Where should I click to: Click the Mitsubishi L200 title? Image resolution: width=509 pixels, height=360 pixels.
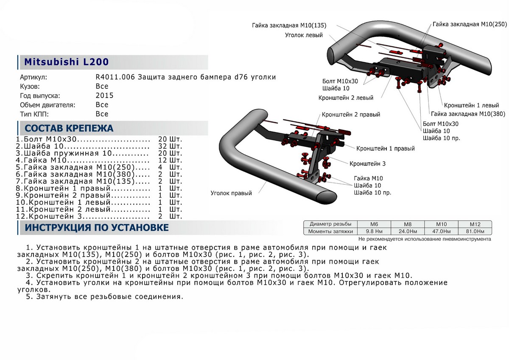pos(66,62)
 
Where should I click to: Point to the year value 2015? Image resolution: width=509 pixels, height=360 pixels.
pos(104,96)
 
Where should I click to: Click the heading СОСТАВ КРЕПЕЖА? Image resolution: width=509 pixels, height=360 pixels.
pos(69,128)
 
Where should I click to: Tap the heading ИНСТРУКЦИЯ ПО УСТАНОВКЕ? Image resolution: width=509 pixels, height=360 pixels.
pos(97,228)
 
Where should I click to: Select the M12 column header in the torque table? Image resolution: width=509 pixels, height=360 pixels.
pos(474,224)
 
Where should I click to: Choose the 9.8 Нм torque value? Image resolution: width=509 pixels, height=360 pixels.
pos(374,231)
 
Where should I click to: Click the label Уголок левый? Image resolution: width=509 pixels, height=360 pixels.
pos(304,35)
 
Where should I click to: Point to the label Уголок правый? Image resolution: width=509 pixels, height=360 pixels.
pos(231,193)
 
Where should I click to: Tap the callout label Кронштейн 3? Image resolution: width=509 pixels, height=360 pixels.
pos(368,163)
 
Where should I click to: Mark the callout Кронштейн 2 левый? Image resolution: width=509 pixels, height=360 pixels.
pos(346,98)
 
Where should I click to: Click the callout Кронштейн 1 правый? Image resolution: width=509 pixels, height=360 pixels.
pos(386,149)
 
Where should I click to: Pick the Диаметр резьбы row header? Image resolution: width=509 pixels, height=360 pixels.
pos(330,224)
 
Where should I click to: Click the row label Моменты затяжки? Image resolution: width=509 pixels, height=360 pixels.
pos(330,231)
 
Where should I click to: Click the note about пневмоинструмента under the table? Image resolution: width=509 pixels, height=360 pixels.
pos(425,239)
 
